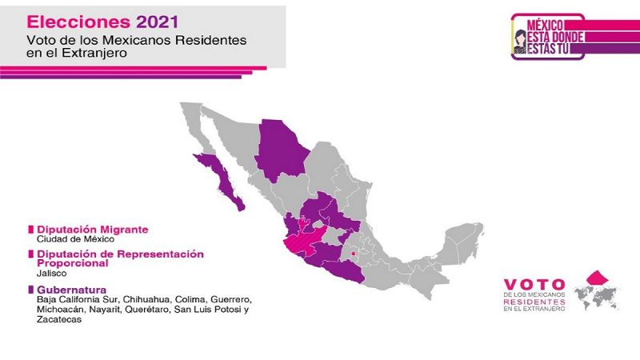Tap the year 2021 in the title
158,22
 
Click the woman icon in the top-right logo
520,42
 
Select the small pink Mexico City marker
354,254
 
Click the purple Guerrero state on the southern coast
343,271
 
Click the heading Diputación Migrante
93,230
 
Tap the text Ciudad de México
75,239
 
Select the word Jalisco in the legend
51,274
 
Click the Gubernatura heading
71,290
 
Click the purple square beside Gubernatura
30,290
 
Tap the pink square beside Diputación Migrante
30,230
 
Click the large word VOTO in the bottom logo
534,285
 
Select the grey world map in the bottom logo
597,296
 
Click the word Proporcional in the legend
73,263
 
